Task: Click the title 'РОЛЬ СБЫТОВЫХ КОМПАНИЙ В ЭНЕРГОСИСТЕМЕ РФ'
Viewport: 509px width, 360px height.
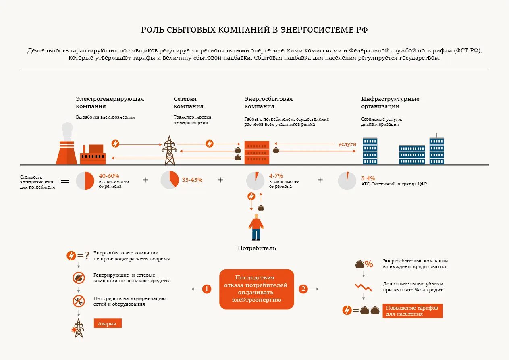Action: [x=254, y=30]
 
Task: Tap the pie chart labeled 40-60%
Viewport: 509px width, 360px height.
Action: [x=85, y=180]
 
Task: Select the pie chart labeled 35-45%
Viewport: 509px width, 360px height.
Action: [x=170, y=180]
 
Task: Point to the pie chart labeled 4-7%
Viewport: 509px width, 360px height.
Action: [x=255, y=180]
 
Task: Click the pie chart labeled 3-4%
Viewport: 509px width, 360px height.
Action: [x=347, y=181]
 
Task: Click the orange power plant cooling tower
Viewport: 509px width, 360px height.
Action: [x=66, y=152]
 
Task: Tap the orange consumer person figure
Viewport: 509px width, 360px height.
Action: [x=256, y=228]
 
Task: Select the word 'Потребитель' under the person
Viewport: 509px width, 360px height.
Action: [x=257, y=248]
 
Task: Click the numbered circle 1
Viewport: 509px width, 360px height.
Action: [x=207, y=289]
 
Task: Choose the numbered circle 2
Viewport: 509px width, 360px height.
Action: [x=303, y=289]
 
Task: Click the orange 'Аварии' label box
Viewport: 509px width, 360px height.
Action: [x=108, y=323]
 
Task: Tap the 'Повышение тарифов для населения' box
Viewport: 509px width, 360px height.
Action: [x=412, y=311]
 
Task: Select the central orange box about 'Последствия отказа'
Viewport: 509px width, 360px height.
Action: [x=257, y=289]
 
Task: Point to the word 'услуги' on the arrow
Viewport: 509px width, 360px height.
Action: [x=347, y=144]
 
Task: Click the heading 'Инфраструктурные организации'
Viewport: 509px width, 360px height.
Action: [x=390, y=102]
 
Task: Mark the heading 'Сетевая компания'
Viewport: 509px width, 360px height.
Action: [x=189, y=102]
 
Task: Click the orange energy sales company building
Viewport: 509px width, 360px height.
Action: [x=257, y=152]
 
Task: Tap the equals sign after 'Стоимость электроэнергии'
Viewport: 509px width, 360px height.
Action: [x=65, y=181]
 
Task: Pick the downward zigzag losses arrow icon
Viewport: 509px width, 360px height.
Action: [x=363, y=287]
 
